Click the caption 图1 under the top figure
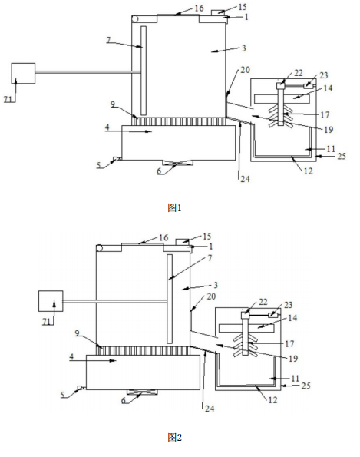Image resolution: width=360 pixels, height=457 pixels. point(174,208)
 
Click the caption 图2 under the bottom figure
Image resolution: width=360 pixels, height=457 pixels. point(174,437)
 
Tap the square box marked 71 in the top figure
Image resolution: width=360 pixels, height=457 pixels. point(23,74)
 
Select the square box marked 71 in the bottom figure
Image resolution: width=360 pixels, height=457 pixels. point(51,301)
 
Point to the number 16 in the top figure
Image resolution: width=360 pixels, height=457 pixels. point(200,8)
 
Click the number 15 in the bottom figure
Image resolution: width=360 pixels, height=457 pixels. point(206,237)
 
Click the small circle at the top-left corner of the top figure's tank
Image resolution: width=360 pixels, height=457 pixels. point(135,19)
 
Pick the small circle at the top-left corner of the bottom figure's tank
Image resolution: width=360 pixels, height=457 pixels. point(100,248)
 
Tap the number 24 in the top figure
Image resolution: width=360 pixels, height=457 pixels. point(245,179)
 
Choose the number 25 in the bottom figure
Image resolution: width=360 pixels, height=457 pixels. point(306,386)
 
